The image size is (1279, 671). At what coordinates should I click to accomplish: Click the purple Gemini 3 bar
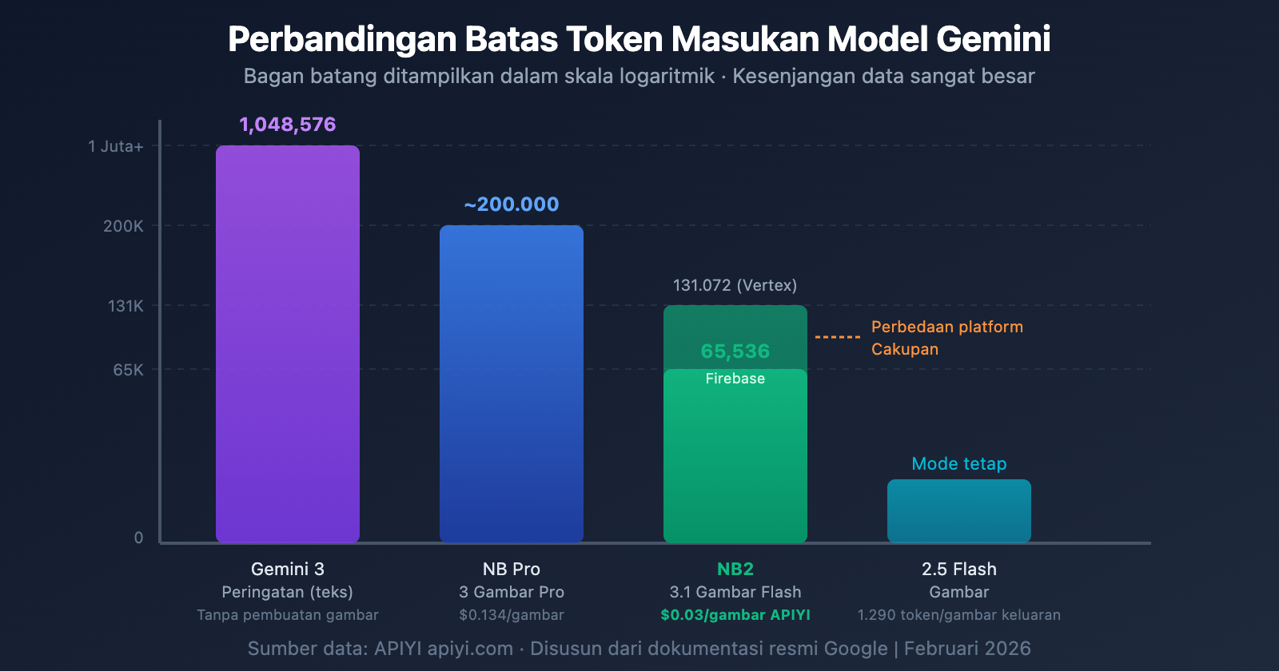click(288, 343)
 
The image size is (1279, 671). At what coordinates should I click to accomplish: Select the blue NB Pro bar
click(512, 383)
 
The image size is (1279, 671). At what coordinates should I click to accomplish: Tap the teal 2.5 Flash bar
click(959, 511)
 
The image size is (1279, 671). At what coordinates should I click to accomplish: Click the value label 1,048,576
click(288, 125)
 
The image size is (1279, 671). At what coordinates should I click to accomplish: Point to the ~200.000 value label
click(512, 204)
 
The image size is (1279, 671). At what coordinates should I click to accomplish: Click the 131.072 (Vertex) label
click(735, 285)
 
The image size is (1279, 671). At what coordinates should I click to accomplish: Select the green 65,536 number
click(735, 351)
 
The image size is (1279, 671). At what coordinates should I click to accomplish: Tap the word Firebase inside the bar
click(735, 379)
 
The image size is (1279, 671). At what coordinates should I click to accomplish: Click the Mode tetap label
click(959, 463)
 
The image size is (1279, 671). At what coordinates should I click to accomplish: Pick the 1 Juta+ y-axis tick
click(116, 146)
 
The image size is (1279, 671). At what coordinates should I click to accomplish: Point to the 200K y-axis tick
click(123, 226)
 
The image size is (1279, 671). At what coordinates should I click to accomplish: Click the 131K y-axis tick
click(126, 306)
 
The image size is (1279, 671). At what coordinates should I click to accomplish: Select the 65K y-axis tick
click(128, 370)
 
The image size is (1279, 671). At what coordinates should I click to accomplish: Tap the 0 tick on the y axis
click(138, 538)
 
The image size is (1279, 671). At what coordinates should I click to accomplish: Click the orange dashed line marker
click(837, 337)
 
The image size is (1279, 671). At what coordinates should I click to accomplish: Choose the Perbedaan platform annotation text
click(946, 327)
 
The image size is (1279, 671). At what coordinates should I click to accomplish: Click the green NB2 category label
click(735, 569)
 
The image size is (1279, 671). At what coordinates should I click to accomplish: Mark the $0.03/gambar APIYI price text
click(735, 615)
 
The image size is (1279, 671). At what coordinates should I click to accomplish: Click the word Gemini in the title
click(993, 39)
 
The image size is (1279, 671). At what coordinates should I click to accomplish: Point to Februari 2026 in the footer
click(967, 649)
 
